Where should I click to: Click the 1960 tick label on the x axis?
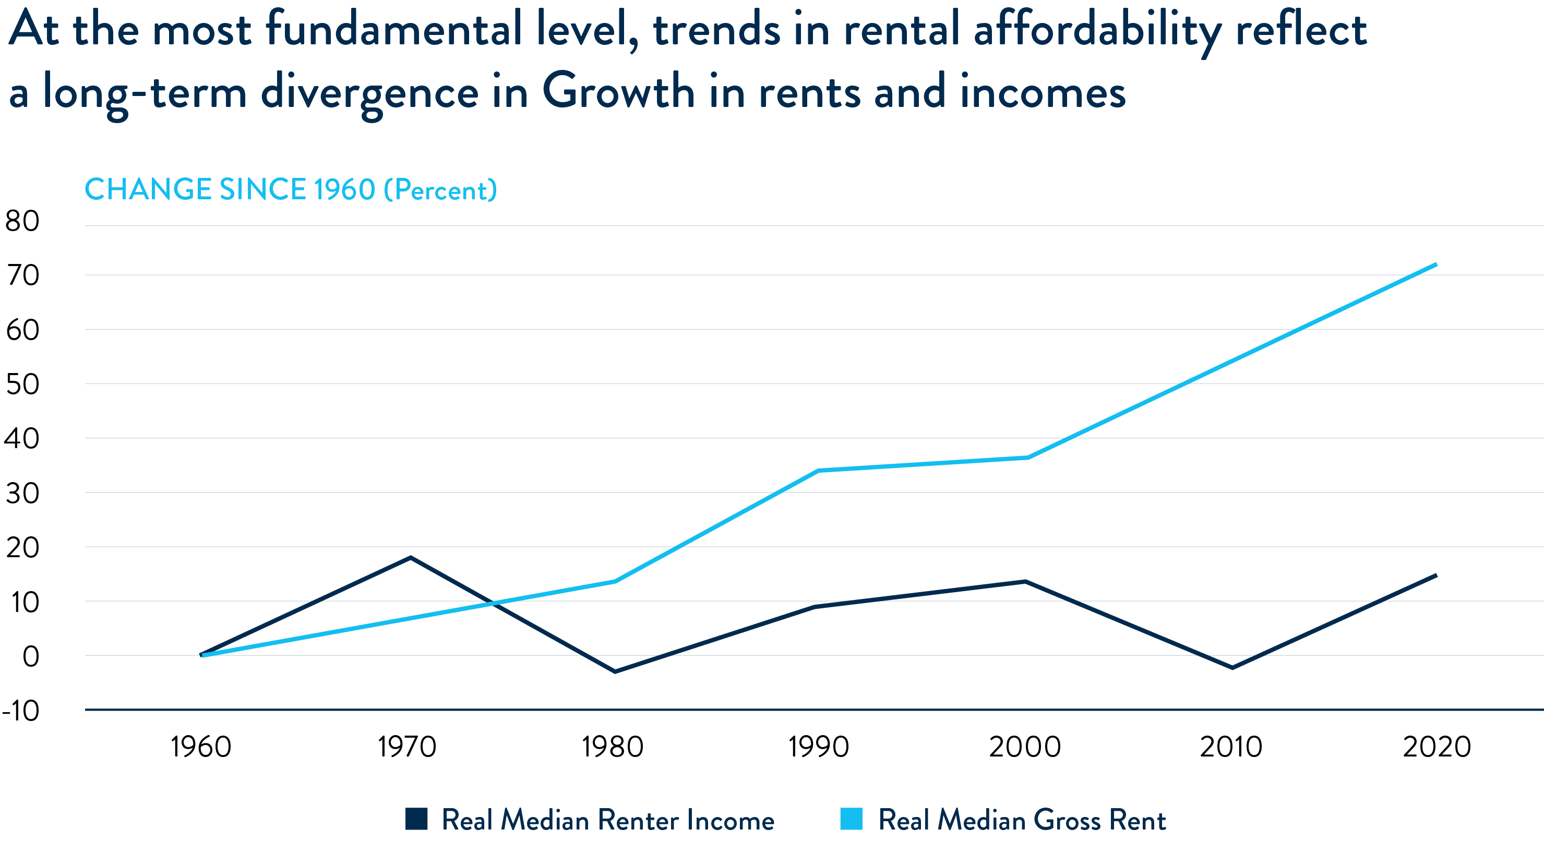(x=201, y=747)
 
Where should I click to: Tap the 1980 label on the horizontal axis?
(x=613, y=747)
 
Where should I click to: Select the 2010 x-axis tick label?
(x=1231, y=747)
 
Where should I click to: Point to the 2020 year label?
(x=1437, y=747)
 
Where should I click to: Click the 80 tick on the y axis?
(x=22, y=221)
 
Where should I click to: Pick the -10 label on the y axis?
(x=21, y=711)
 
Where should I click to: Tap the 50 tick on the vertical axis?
(x=22, y=384)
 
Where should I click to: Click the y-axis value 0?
(x=31, y=656)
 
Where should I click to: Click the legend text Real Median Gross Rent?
(x=1022, y=820)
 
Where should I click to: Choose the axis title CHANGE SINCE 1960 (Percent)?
(x=291, y=189)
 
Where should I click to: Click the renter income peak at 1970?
(x=411, y=558)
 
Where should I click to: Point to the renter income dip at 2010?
(x=1232, y=668)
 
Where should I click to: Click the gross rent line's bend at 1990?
(x=818, y=471)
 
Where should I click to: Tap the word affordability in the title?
(x=1097, y=30)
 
